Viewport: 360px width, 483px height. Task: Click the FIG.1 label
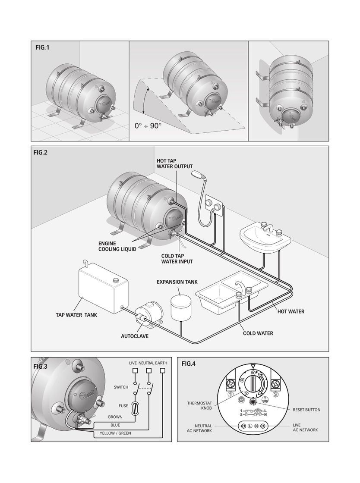click(x=42, y=48)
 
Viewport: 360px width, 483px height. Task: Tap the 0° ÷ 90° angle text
click(x=148, y=126)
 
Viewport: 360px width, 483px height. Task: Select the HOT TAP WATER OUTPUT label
click(x=174, y=163)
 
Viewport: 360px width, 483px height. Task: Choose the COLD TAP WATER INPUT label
click(x=177, y=259)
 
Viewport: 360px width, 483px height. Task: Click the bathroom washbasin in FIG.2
click(x=264, y=238)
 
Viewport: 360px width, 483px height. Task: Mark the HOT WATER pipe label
click(x=291, y=311)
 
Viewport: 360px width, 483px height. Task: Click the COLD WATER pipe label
click(x=258, y=333)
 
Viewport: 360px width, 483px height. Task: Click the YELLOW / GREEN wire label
click(x=115, y=433)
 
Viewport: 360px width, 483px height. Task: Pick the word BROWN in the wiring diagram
click(x=115, y=417)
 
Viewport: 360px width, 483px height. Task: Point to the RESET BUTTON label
click(x=306, y=410)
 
